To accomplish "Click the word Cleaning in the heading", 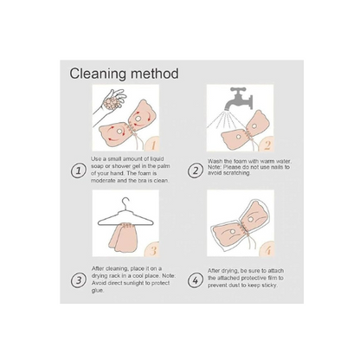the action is [98, 74].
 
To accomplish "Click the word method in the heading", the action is [155, 74].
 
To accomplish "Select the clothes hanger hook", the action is [126, 204].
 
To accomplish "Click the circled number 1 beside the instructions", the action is [79, 171].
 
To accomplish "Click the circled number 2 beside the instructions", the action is [196, 170].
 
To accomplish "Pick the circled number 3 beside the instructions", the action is [79, 280].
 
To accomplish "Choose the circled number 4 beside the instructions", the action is [196, 280].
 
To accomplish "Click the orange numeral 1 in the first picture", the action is [153, 145].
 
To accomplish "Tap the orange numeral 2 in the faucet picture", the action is [267, 145].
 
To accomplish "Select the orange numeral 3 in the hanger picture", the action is [153, 250].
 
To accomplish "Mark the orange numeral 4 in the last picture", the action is [268, 250].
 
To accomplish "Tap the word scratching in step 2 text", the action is [237, 173].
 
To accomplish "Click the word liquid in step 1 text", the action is [157, 159].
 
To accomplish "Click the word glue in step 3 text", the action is [97, 291].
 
